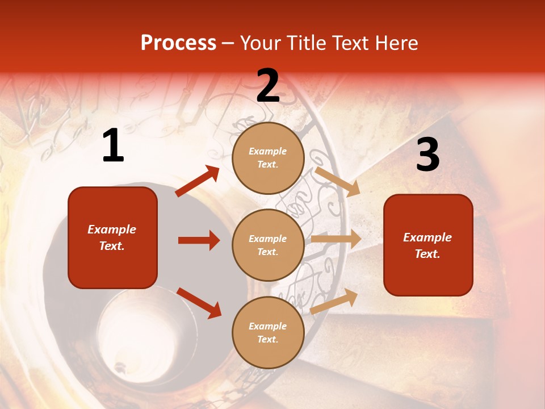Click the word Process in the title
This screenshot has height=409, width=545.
point(178,43)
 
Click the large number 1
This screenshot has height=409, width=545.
point(113,146)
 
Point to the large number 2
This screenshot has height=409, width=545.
point(268,86)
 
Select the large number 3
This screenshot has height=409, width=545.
point(427,155)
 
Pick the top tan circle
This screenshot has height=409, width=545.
point(268,158)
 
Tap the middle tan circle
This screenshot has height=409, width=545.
point(268,245)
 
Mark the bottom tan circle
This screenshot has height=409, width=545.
point(268,332)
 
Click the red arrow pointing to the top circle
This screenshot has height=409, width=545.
point(198,181)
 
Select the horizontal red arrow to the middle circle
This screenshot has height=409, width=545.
point(199,240)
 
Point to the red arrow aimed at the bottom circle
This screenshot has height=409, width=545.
point(199,303)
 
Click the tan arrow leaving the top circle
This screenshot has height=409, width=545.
point(337,181)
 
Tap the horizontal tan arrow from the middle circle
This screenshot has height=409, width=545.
point(336,239)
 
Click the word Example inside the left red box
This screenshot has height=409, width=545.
point(112,229)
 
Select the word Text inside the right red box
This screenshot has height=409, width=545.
point(427,254)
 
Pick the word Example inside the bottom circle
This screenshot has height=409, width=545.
point(268,326)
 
